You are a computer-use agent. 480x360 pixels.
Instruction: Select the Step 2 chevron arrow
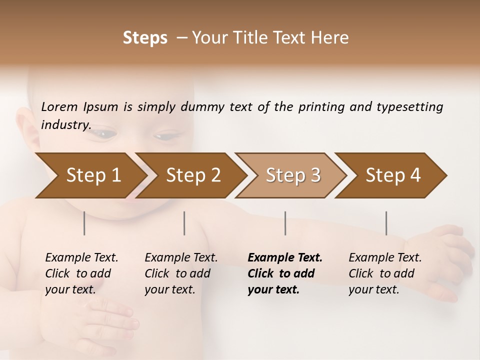pos(192,175)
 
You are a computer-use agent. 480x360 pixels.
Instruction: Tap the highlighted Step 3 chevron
pos(292,175)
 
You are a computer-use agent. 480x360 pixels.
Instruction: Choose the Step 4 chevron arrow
pos(392,175)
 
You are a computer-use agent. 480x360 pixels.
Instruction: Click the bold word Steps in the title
pos(145,38)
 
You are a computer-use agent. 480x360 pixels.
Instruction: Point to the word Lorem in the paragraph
pos(59,107)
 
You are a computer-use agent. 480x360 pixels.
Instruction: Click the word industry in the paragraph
pos(65,125)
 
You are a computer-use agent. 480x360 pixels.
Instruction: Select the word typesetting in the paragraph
pos(409,107)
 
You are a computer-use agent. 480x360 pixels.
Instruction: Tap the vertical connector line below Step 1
pos(84,223)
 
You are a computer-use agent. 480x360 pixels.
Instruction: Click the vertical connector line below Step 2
pos(184,223)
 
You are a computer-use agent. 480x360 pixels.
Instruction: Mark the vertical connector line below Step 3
pos(285,223)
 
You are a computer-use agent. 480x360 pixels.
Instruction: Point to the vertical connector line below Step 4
pos(386,223)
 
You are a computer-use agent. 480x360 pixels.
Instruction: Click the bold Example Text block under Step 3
pos(284,273)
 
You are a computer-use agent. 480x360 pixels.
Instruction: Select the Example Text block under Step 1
pos(81,273)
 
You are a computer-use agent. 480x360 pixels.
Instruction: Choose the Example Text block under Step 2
pos(180,273)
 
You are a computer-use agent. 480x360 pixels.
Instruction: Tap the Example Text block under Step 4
pos(384,273)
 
